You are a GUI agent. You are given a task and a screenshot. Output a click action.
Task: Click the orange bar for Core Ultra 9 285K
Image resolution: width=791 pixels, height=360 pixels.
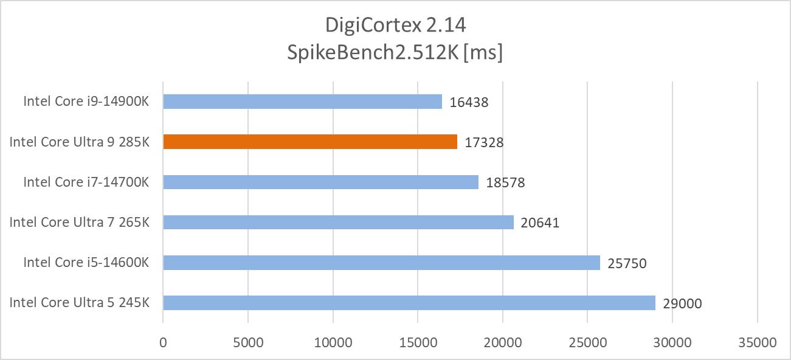coord(310,142)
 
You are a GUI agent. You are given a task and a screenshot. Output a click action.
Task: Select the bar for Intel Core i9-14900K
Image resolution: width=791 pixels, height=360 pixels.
coord(302,102)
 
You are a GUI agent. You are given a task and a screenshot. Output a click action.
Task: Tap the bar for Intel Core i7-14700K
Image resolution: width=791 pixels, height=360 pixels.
coord(320,182)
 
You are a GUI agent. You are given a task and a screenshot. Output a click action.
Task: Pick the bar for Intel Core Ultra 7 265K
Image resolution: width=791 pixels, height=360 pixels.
coord(338,222)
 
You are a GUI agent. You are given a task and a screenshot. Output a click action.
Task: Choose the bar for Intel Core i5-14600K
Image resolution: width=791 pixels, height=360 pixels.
coord(381,262)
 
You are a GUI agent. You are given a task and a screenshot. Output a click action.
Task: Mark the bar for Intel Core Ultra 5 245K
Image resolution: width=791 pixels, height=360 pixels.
coord(409,302)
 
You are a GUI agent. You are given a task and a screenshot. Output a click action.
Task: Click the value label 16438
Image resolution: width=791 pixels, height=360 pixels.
coord(469,102)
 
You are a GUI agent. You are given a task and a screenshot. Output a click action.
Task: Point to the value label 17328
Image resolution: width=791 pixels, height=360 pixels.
coord(484,142)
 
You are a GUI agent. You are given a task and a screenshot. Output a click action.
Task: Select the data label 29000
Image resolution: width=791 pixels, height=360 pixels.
coord(682,303)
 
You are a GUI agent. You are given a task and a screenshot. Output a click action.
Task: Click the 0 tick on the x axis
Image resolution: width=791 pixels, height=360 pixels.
coord(163,342)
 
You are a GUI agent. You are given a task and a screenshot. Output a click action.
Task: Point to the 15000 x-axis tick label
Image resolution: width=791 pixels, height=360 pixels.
coord(417,342)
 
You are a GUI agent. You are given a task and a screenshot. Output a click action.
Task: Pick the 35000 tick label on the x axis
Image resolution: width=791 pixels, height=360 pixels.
coord(757,342)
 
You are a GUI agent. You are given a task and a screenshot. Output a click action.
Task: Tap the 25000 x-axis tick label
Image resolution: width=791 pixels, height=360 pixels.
coord(587,342)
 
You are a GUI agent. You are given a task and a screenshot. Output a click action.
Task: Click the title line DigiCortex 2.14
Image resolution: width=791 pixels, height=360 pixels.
coord(395,26)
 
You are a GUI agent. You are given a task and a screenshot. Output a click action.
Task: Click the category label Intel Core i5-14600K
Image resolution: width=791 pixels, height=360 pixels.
coord(86,262)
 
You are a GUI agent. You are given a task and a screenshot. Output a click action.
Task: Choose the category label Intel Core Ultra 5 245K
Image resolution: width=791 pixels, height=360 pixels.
coord(79,302)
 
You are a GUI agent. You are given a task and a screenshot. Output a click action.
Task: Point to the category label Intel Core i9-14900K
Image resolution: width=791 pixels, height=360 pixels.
coord(86,101)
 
